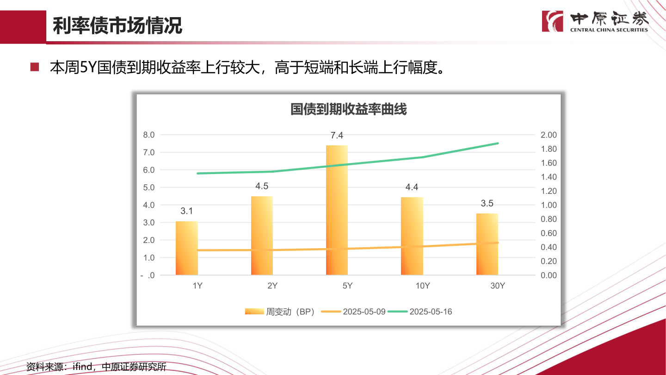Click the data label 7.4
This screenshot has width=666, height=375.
click(337, 136)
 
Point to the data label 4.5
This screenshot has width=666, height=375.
click(262, 186)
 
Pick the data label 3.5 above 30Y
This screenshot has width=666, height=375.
click(487, 203)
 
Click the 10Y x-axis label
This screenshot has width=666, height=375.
click(423, 286)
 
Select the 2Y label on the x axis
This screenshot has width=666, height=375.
click(272, 286)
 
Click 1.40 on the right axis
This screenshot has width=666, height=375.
click(549, 177)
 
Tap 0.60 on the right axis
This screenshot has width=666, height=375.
click(549, 233)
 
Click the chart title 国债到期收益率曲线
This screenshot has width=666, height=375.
click(348, 110)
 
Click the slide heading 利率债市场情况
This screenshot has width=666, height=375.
click(117, 26)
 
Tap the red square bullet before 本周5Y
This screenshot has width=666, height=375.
click(34, 67)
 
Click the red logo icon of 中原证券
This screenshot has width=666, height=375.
click(553, 21)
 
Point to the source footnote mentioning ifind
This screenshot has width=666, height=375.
click(96, 367)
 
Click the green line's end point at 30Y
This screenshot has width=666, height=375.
click(498, 144)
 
